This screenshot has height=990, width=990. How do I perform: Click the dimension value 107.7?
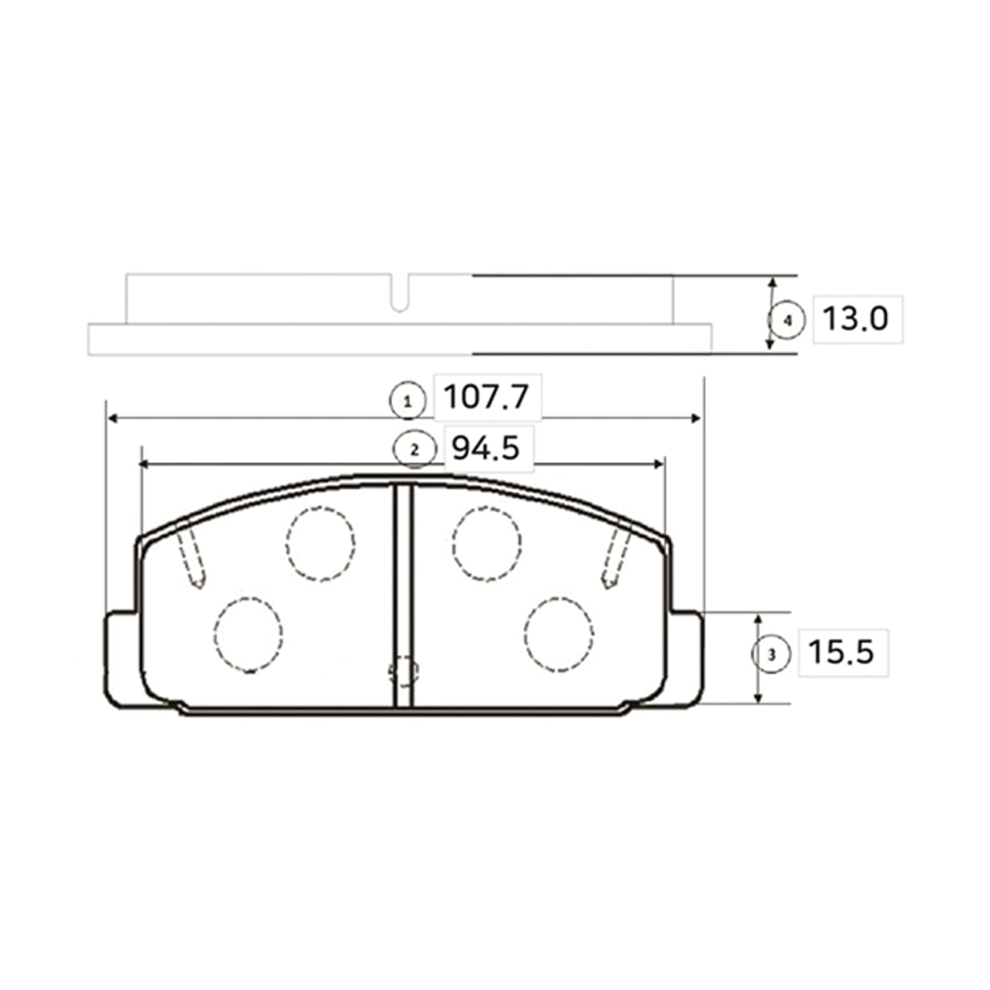[x=485, y=397]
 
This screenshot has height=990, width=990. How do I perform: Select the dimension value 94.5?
[x=485, y=448]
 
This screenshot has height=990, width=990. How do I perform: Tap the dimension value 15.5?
[x=841, y=652]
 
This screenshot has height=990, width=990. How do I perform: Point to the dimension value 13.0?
[x=855, y=318]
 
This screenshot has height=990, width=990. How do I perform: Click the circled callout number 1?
[x=408, y=402]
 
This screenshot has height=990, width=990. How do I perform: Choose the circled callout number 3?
[x=771, y=655]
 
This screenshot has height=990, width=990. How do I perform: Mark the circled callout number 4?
[x=787, y=321]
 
